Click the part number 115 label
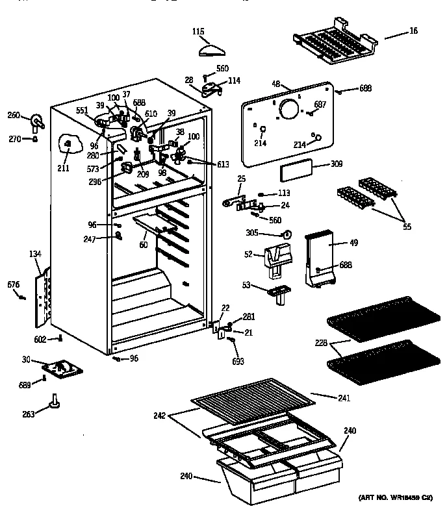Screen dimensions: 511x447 [199, 31]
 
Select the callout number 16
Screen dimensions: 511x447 [414, 31]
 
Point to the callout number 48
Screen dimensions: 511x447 [275, 84]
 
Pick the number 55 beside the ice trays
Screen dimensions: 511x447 [407, 227]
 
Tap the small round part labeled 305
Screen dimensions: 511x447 [288, 234]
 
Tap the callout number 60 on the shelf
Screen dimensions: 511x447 [143, 245]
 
